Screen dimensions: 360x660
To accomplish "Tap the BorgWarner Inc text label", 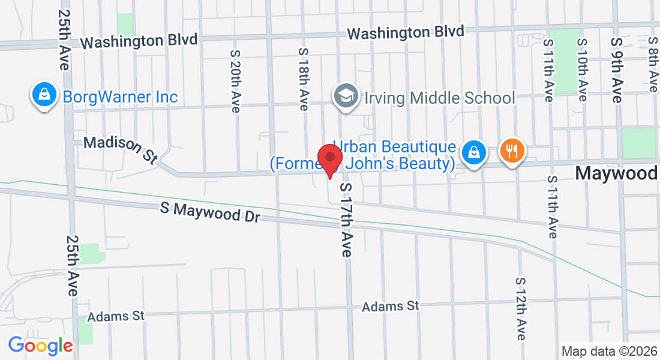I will [x=120, y=96].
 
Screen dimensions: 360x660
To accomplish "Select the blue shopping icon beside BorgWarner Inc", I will [x=44, y=94].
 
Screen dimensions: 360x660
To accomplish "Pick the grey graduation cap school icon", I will [x=346, y=96].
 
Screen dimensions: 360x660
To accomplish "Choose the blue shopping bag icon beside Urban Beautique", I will [x=474, y=152].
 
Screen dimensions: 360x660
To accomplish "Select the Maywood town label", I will [x=616, y=173].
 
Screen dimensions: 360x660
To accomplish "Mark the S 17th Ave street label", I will [x=346, y=220].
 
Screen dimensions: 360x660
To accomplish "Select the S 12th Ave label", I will [x=521, y=309].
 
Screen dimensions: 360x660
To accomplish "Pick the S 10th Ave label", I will [x=581, y=69].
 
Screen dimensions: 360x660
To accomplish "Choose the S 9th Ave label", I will [x=617, y=69].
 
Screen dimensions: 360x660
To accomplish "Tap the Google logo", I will [x=40, y=345].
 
